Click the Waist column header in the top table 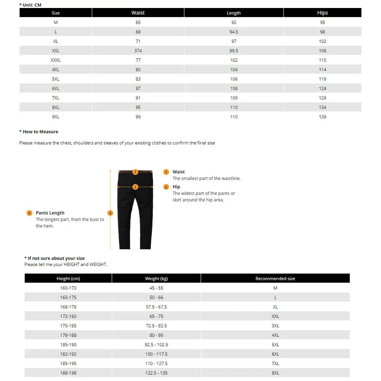pos(138,13)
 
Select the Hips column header pos(322,13)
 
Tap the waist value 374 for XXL pos(138,51)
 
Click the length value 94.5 pos(234,32)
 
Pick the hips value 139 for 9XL pos(322,117)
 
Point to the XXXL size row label pos(56,60)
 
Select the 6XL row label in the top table pos(56,88)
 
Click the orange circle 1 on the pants pos(135,172)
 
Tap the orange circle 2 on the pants pos(135,187)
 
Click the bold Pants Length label pos(50,213)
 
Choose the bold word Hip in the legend pos(176,187)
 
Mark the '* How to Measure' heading pos(39,132)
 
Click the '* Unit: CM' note pos(30,5)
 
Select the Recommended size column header pos(275,279)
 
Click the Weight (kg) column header pos(156,279)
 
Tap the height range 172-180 pos(68,316)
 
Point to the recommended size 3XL pos(275,326)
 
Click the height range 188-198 pos(68,373)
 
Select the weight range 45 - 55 pos(156,288)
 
